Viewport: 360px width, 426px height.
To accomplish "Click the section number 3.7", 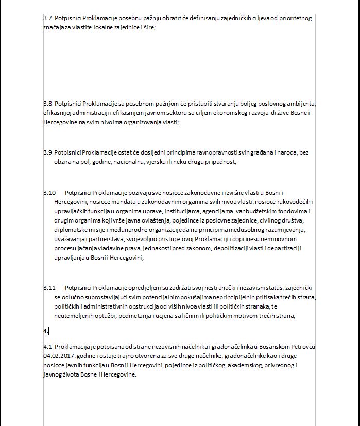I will pos(47,18).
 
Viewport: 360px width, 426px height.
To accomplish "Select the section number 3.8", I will pos(47,103).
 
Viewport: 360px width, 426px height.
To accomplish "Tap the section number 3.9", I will pos(47,152).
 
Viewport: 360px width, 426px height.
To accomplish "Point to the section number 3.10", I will pos(49,192).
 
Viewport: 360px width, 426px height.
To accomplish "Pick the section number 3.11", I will pos(49,287).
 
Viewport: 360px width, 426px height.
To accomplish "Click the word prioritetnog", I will pos(294,18).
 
